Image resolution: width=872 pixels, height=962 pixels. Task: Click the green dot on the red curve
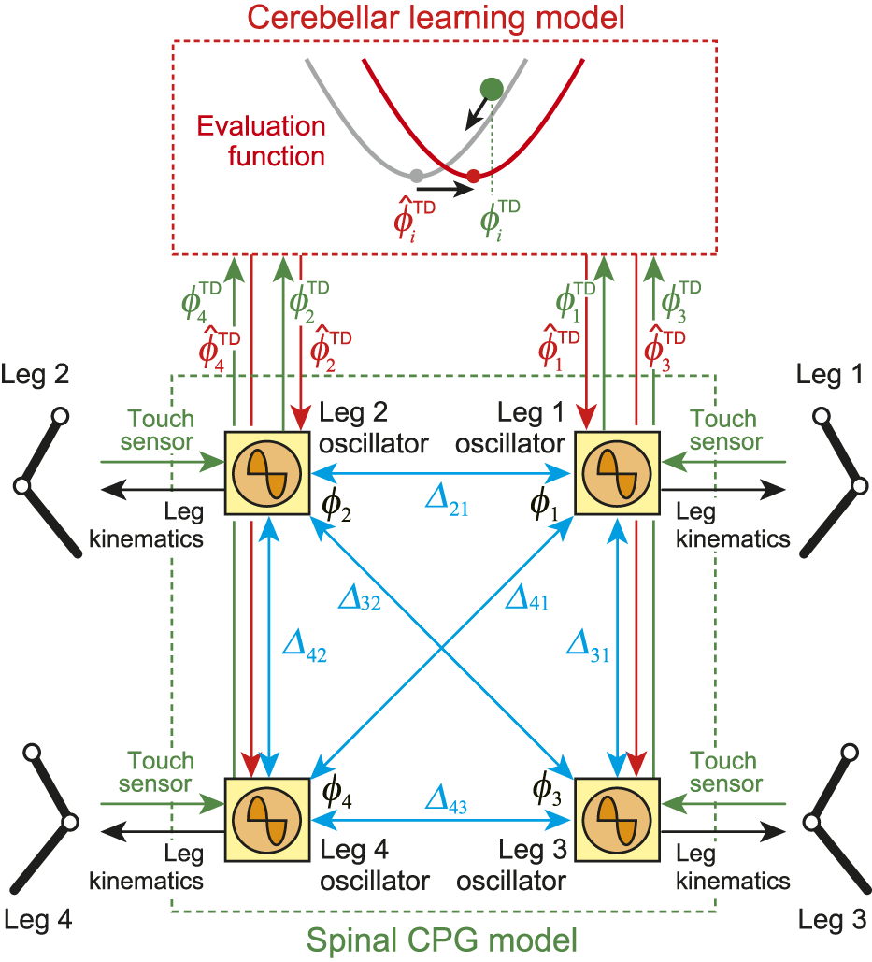click(492, 89)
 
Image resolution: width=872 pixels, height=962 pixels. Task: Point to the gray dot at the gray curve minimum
click(417, 175)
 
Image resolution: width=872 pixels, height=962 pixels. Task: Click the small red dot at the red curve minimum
click(474, 176)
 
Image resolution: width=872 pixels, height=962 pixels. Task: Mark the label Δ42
click(304, 645)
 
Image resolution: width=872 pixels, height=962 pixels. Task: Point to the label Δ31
click(588, 645)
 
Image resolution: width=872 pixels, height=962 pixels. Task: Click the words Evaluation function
click(262, 140)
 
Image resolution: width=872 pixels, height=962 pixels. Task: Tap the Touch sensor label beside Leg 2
click(161, 429)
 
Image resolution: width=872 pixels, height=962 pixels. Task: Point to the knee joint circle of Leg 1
click(857, 486)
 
